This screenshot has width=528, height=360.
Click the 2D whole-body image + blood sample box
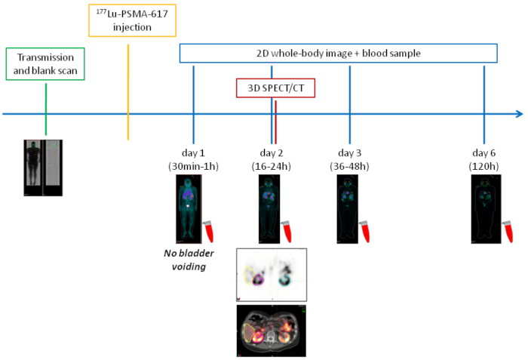pyautogui.click(x=338, y=53)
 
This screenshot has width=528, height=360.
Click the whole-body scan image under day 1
pyautogui.click(x=191, y=207)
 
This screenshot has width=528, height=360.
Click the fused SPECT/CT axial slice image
pyautogui.click(x=271, y=330)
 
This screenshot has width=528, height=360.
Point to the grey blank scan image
pyautogui.click(x=54, y=168)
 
